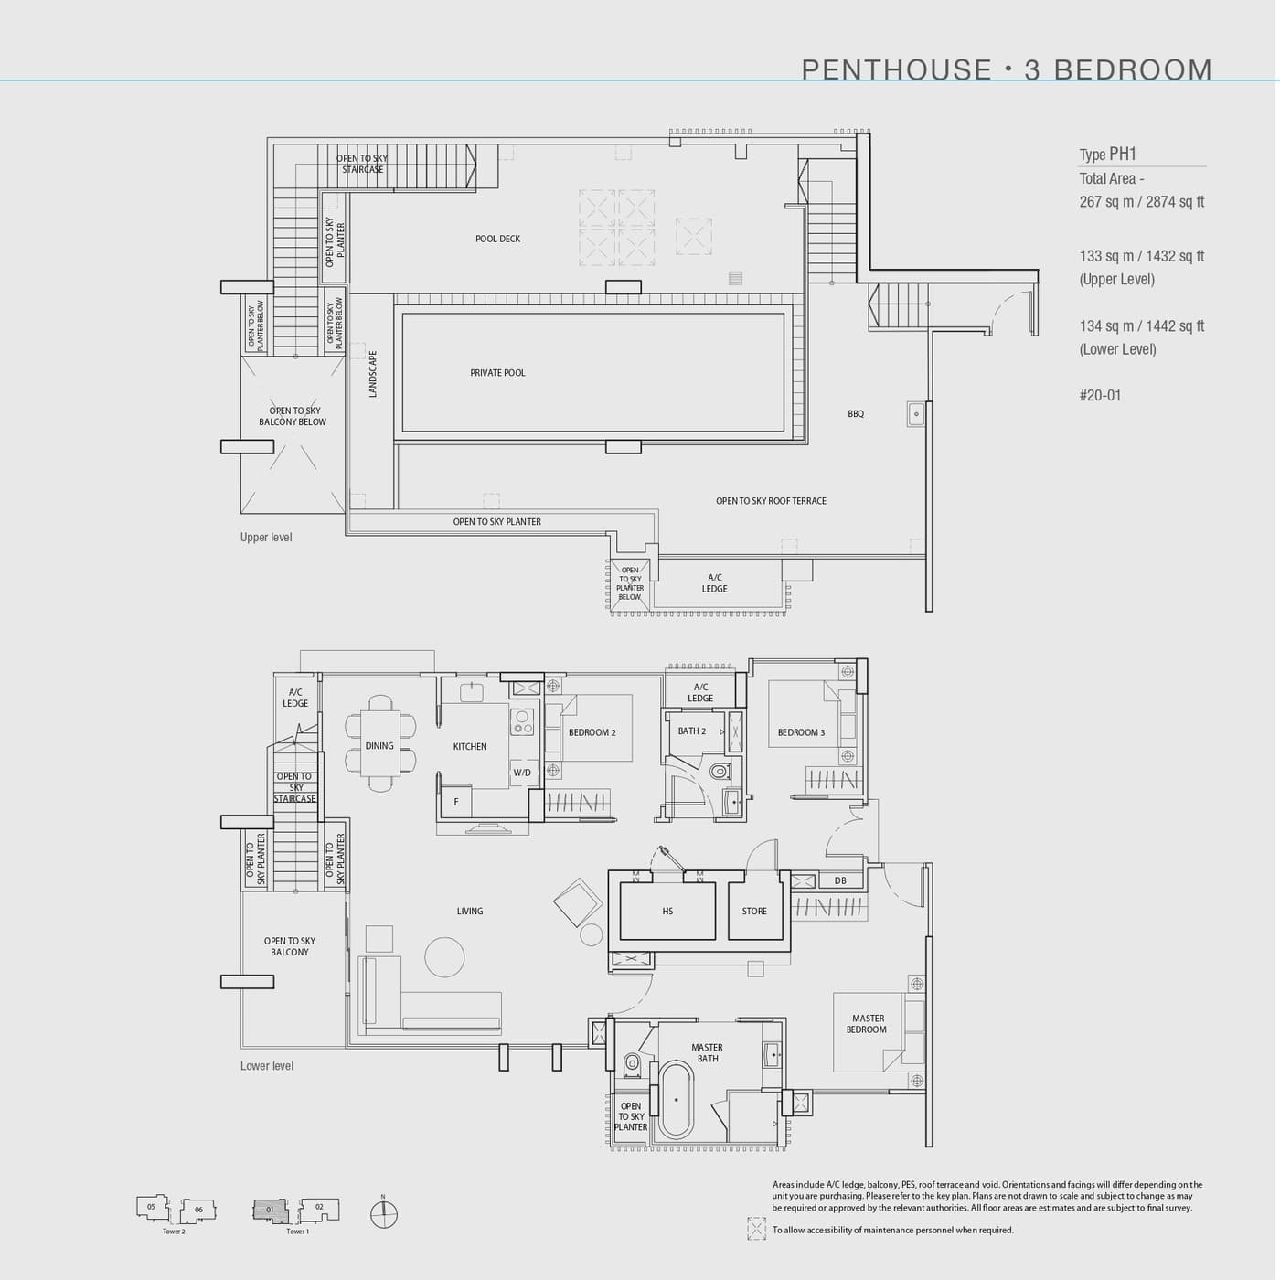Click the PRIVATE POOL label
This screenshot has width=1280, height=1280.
click(x=497, y=373)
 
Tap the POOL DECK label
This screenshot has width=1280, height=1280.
click(x=497, y=239)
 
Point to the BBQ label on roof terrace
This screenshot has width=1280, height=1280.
click(x=856, y=414)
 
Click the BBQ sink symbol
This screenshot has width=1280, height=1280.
click(x=916, y=413)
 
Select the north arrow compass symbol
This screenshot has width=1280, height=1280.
click(x=384, y=1214)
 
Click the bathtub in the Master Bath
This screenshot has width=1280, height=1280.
click(x=677, y=1099)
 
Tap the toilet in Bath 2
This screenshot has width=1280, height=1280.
click(x=720, y=772)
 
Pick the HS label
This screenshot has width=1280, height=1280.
click(x=667, y=912)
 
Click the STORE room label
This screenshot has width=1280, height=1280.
click(x=754, y=912)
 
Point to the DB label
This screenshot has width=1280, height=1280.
click(x=840, y=881)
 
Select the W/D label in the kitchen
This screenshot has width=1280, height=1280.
click(x=522, y=773)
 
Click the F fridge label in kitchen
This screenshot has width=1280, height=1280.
click(x=455, y=802)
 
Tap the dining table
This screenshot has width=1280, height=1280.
click(x=379, y=746)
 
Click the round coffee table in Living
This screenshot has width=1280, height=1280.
click(x=444, y=957)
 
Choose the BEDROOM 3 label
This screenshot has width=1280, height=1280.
click(x=801, y=732)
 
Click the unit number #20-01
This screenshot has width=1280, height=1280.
click(x=1100, y=396)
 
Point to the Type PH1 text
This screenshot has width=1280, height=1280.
click(x=1107, y=155)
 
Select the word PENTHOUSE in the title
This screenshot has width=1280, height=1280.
click(x=896, y=69)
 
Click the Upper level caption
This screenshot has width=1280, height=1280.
click(x=266, y=538)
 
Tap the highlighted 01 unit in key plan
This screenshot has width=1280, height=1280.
click(x=270, y=1210)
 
